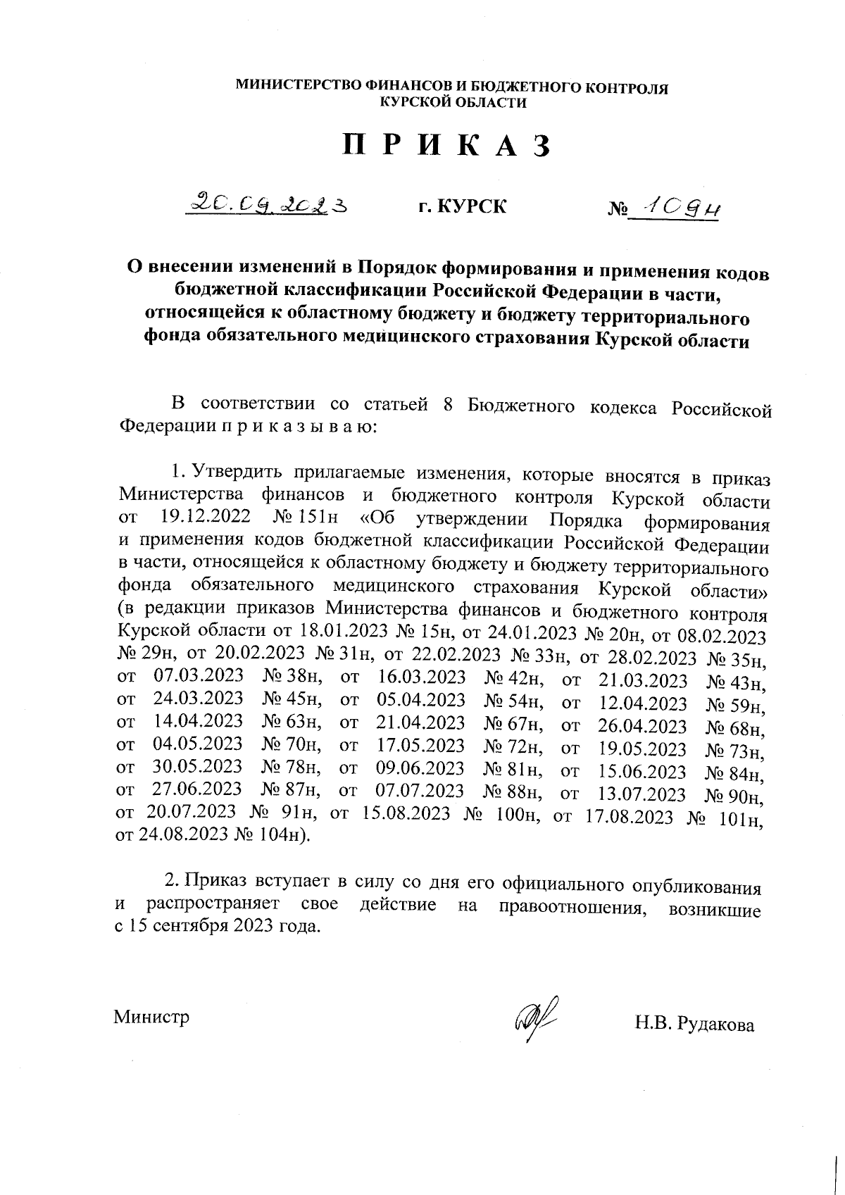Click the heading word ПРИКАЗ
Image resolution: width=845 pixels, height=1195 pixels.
[446, 145]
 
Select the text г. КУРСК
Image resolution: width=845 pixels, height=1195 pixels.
[462, 207]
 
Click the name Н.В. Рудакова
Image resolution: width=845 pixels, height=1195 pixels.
[694, 1025]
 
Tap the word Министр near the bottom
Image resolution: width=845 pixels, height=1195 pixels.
[152, 1017]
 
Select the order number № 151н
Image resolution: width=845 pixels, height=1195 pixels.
[304, 517]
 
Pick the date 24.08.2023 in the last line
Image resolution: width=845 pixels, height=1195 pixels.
[185, 835]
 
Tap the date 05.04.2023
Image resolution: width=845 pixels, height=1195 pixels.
[421, 700]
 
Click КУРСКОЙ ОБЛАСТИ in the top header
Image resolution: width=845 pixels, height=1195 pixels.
[453, 103]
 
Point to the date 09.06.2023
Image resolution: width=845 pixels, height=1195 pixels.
[420, 768]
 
